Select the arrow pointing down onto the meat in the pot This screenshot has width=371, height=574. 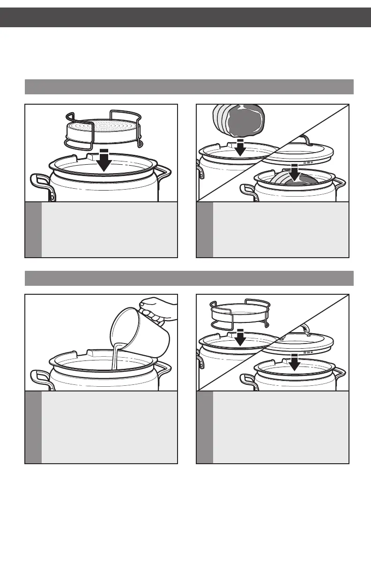[295, 172]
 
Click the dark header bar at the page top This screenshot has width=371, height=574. [185, 17]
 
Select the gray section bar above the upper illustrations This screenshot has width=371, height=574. [189, 87]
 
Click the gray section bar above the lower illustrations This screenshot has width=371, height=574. [189, 278]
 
